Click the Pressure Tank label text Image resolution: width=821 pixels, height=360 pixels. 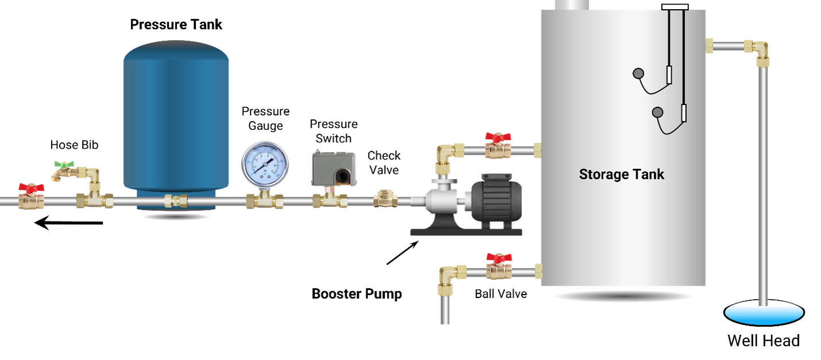tap(176, 25)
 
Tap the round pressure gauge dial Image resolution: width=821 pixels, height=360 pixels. tap(265, 165)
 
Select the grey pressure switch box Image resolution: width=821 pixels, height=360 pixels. tap(334, 169)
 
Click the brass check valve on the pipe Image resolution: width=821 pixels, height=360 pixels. tap(385, 199)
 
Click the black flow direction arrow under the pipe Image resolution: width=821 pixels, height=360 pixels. tap(68, 223)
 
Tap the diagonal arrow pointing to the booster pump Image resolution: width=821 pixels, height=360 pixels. tap(403, 253)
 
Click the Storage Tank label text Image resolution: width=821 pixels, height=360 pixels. tap(622, 174)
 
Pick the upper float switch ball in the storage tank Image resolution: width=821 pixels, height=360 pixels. tap(638, 73)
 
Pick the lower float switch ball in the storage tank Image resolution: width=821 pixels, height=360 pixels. tap(657, 112)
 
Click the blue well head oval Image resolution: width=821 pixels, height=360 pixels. tap(764, 313)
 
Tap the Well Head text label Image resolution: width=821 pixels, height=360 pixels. tap(764, 341)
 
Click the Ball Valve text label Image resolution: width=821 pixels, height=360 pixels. tap(501, 294)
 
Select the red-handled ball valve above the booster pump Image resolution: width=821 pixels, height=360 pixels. tap(498, 146)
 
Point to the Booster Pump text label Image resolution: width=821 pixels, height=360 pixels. tap(357, 294)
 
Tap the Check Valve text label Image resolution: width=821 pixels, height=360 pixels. tap(384, 162)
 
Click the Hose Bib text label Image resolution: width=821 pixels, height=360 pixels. tap(74, 145)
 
